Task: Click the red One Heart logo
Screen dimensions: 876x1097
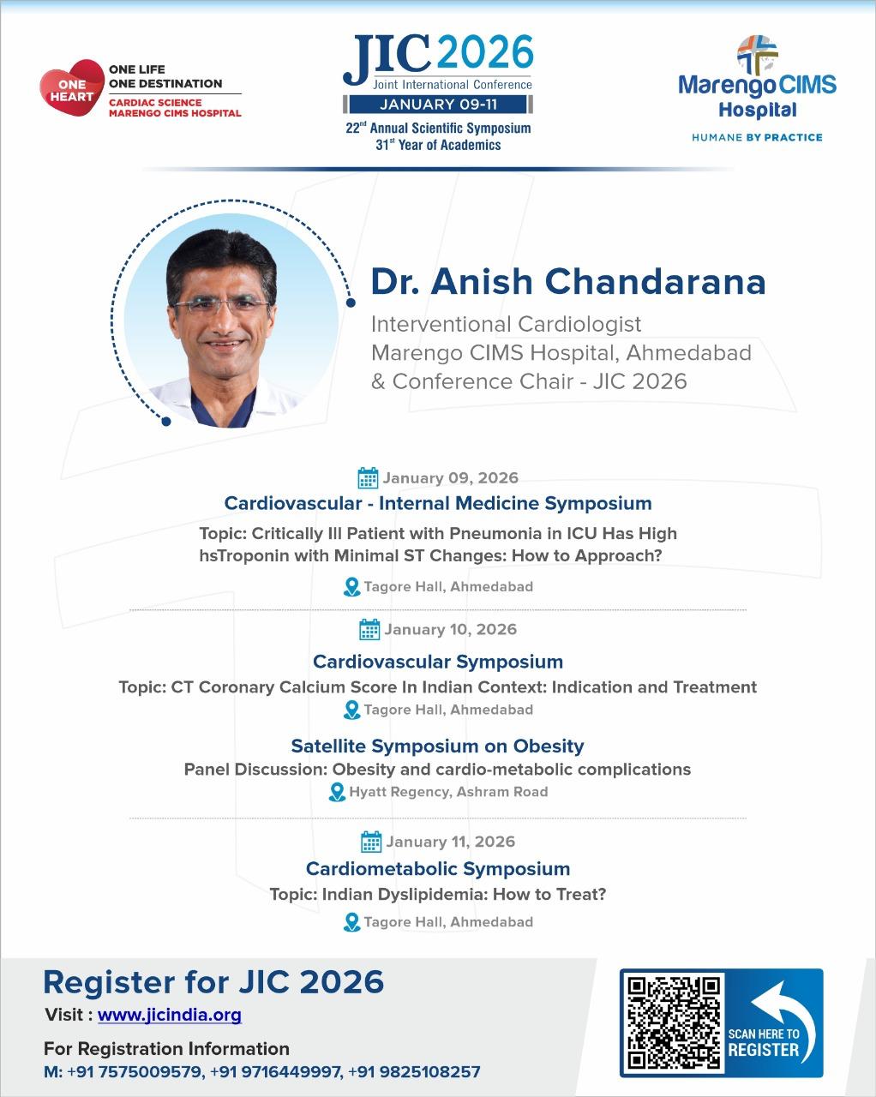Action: pos(72,87)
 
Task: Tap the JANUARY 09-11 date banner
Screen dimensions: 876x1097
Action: pos(438,105)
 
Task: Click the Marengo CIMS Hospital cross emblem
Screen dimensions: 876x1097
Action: pos(758,54)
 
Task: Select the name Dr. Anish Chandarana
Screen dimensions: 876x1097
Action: pos(568,281)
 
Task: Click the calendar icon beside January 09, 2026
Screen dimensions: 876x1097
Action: pos(368,477)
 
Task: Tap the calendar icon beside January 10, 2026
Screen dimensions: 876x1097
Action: pos(369,629)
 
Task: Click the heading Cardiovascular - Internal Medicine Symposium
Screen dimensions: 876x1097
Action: pos(438,503)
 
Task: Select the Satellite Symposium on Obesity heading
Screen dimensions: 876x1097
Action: pos(437,746)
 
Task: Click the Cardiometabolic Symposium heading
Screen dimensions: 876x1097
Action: pos(438,868)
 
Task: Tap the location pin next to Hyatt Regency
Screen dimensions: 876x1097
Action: pos(337,792)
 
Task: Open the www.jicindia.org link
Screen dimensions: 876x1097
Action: pos(169,1015)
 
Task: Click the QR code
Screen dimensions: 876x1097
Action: pos(673,1022)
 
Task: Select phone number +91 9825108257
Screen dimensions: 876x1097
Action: pos(414,1071)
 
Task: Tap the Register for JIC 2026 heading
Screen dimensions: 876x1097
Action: pos(213,983)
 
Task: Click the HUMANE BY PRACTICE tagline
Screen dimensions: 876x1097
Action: pos(757,137)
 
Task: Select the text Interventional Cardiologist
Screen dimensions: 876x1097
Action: pos(506,324)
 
